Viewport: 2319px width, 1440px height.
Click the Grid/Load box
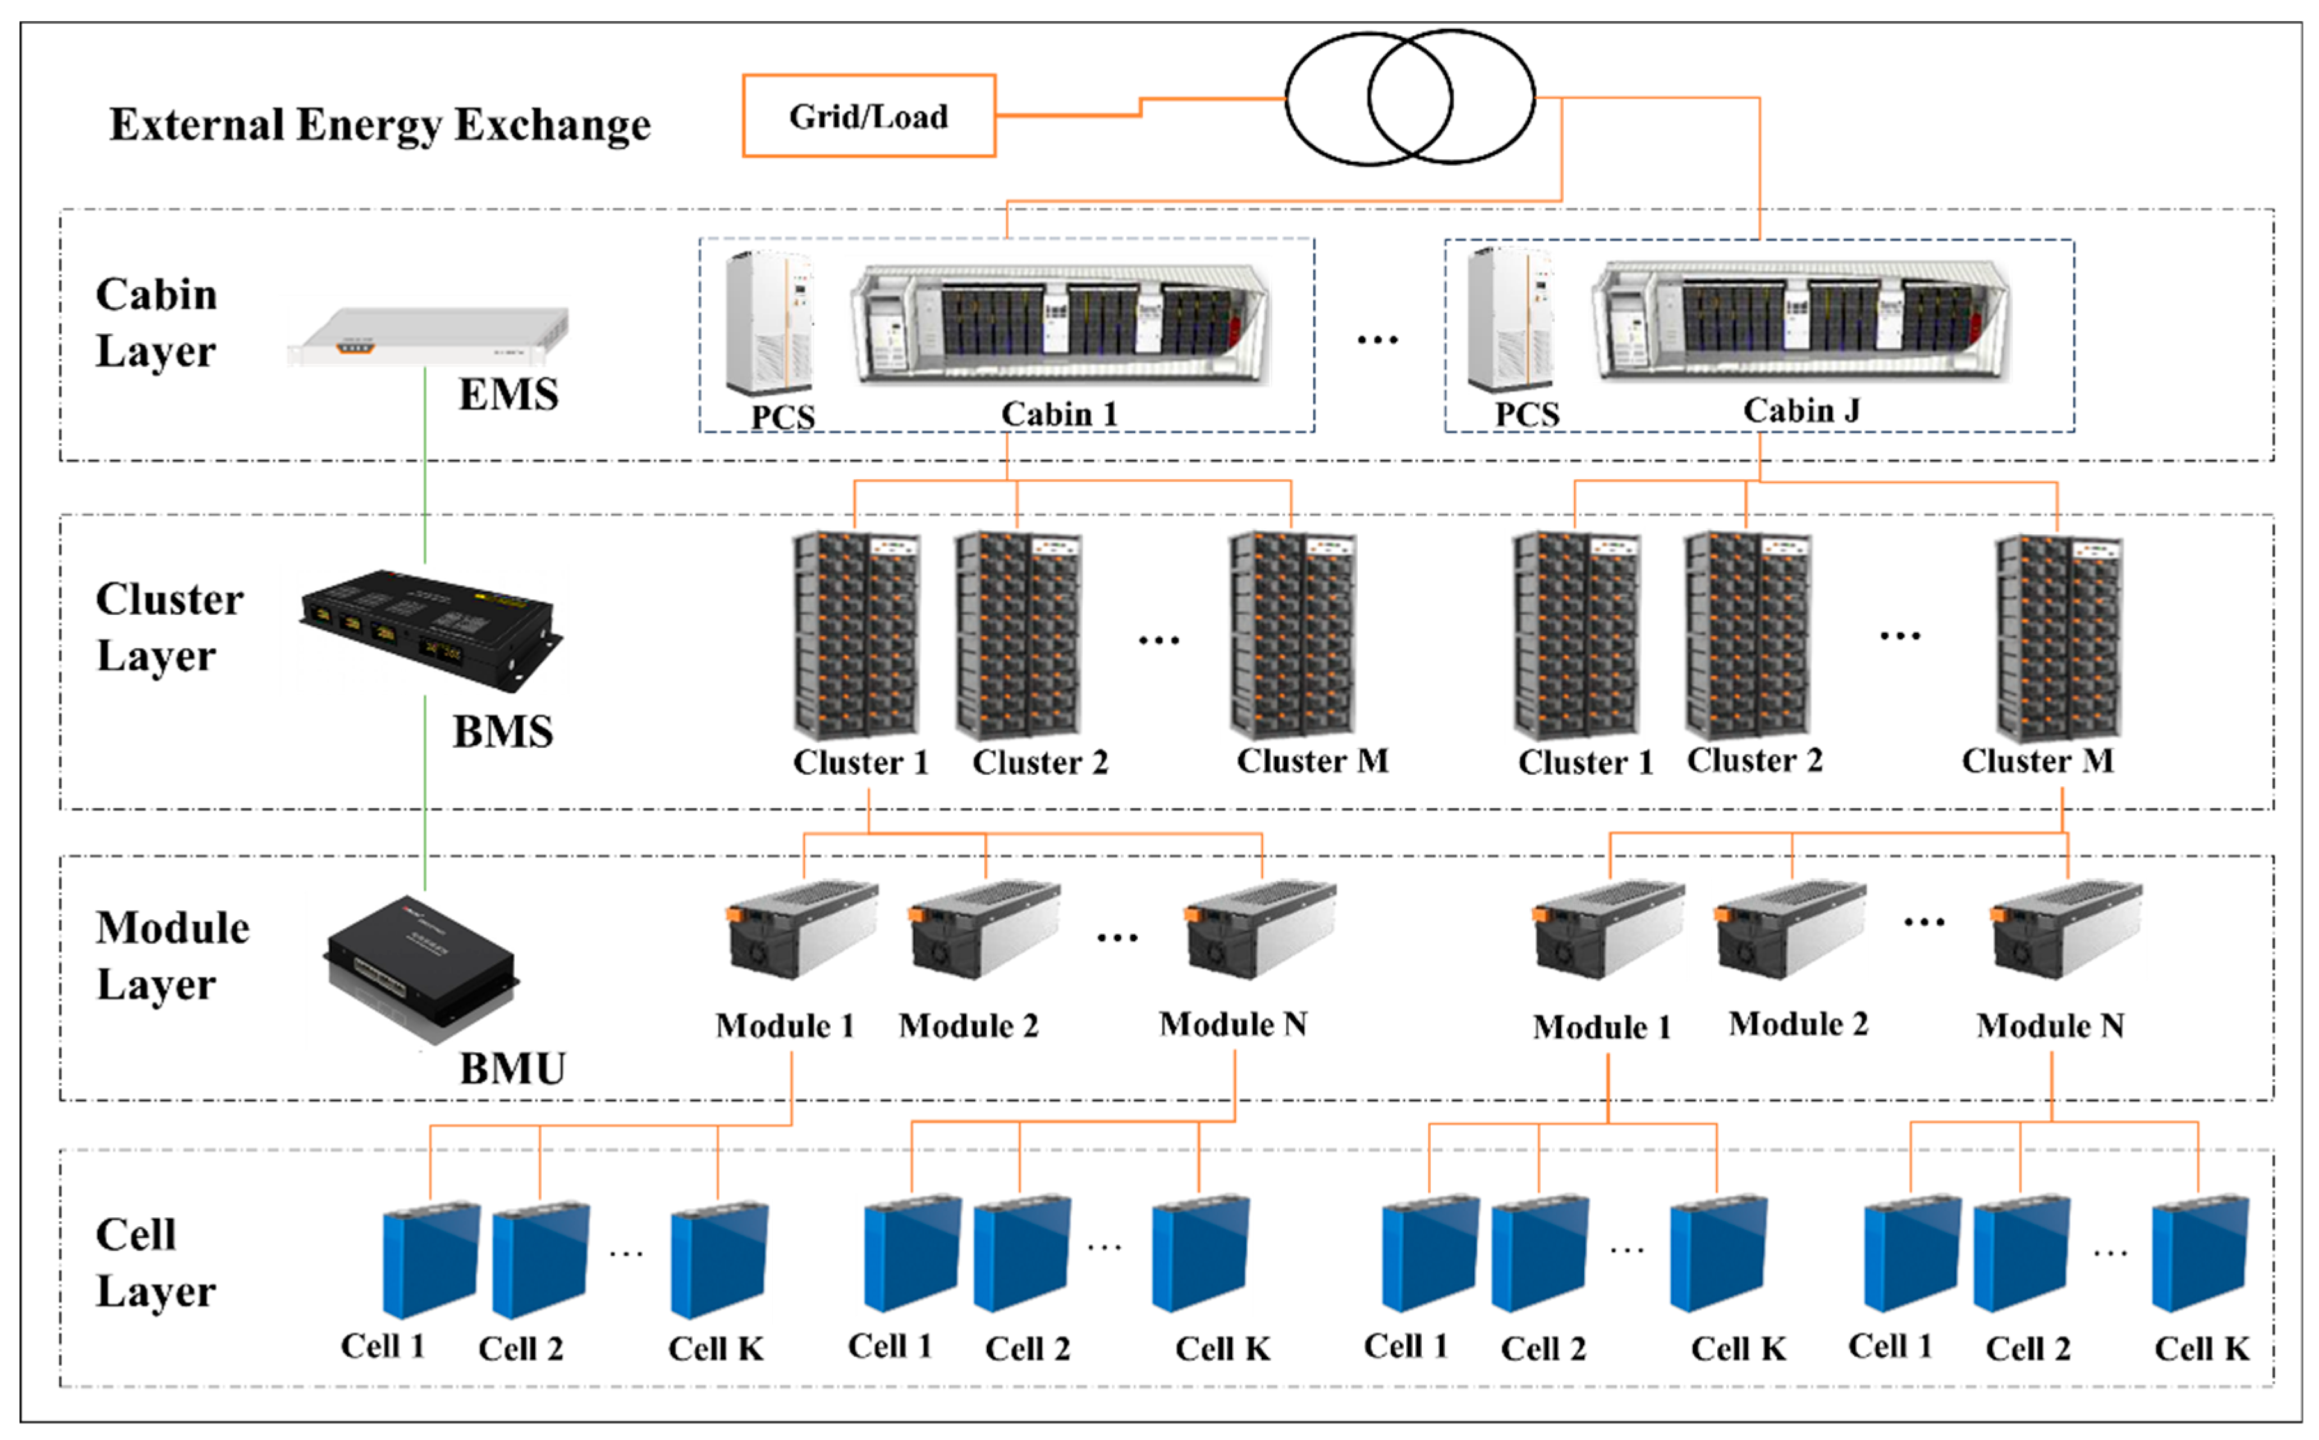pyautogui.click(x=869, y=116)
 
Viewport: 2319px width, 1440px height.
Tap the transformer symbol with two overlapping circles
pyautogui.click(x=1409, y=97)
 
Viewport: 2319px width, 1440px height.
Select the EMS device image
pyautogui.click(x=428, y=335)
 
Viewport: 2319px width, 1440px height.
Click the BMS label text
pyautogui.click(x=503, y=731)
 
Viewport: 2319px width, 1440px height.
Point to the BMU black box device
pyautogui.click(x=421, y=967)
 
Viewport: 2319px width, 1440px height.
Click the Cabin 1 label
pyautogui.click(x=1058, y=415)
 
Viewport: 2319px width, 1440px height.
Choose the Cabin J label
pyautogui.click(x=1801, y=411)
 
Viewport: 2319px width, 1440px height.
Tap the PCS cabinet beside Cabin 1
pyautogui.click(x=769, y=324)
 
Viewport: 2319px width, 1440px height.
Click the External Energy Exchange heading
pyautogui.click(x=380, y=125)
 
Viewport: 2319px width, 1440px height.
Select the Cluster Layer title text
pyautogui.click(x=169, y=628)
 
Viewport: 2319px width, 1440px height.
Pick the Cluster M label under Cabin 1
pyautogui.click(x=1312, y=761)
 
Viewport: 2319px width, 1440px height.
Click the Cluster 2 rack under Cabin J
pyautogui.click(x=1748, y=636)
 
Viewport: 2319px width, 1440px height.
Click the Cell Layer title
pyautogui.click(x=155, y=1263)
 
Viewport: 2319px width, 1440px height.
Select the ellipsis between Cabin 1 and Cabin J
pyautogui.click(x=1378, y=340)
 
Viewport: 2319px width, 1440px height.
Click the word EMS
pyautogui.click(x=508, y=394)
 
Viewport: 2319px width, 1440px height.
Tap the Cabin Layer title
pyautogui.click(x=156, y=323)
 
